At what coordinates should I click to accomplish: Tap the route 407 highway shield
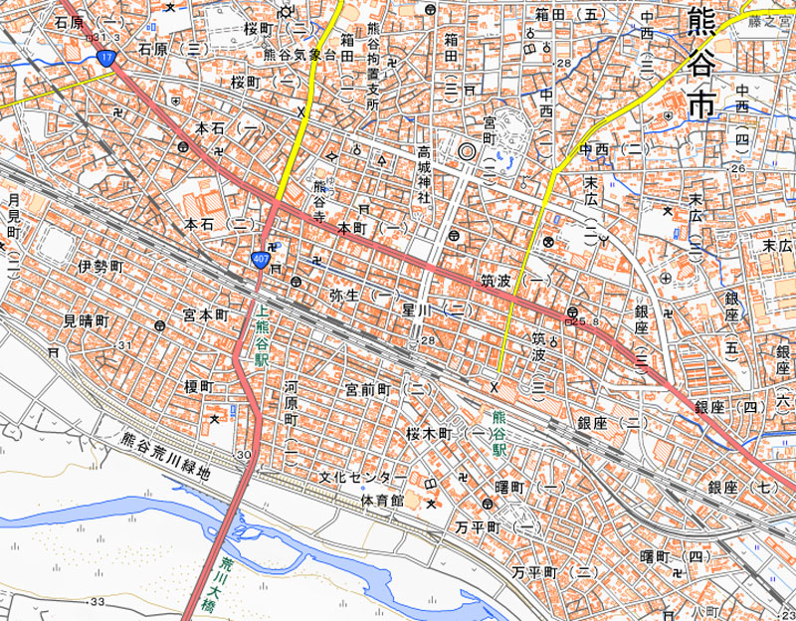point(261,259)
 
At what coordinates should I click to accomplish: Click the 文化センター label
point(362,477)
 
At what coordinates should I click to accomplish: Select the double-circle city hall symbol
point(467,152)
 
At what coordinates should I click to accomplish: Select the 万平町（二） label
point(554,572)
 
